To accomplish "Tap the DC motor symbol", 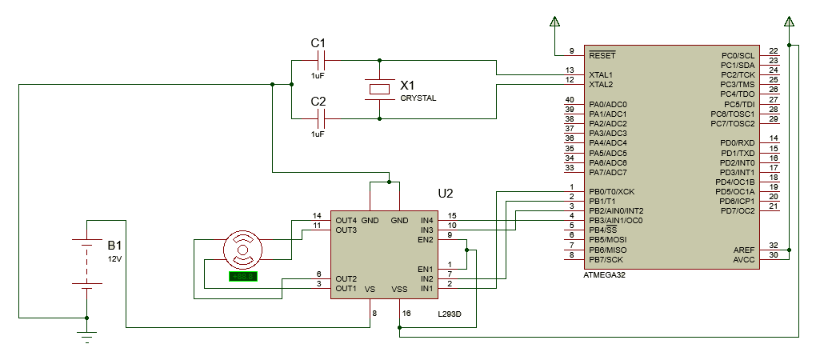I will [242, 250].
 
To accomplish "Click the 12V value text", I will [115, 259].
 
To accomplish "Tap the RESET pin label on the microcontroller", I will [602, 56].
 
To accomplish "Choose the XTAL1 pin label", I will [601, 74].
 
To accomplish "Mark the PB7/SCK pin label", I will [606, 259].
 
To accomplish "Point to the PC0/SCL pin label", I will [738, 55].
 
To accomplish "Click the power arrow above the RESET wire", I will [554, 22].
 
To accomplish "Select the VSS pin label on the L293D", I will [398, 289].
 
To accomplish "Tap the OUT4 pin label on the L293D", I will [346, 220].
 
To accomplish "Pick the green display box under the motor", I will [242, 277].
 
